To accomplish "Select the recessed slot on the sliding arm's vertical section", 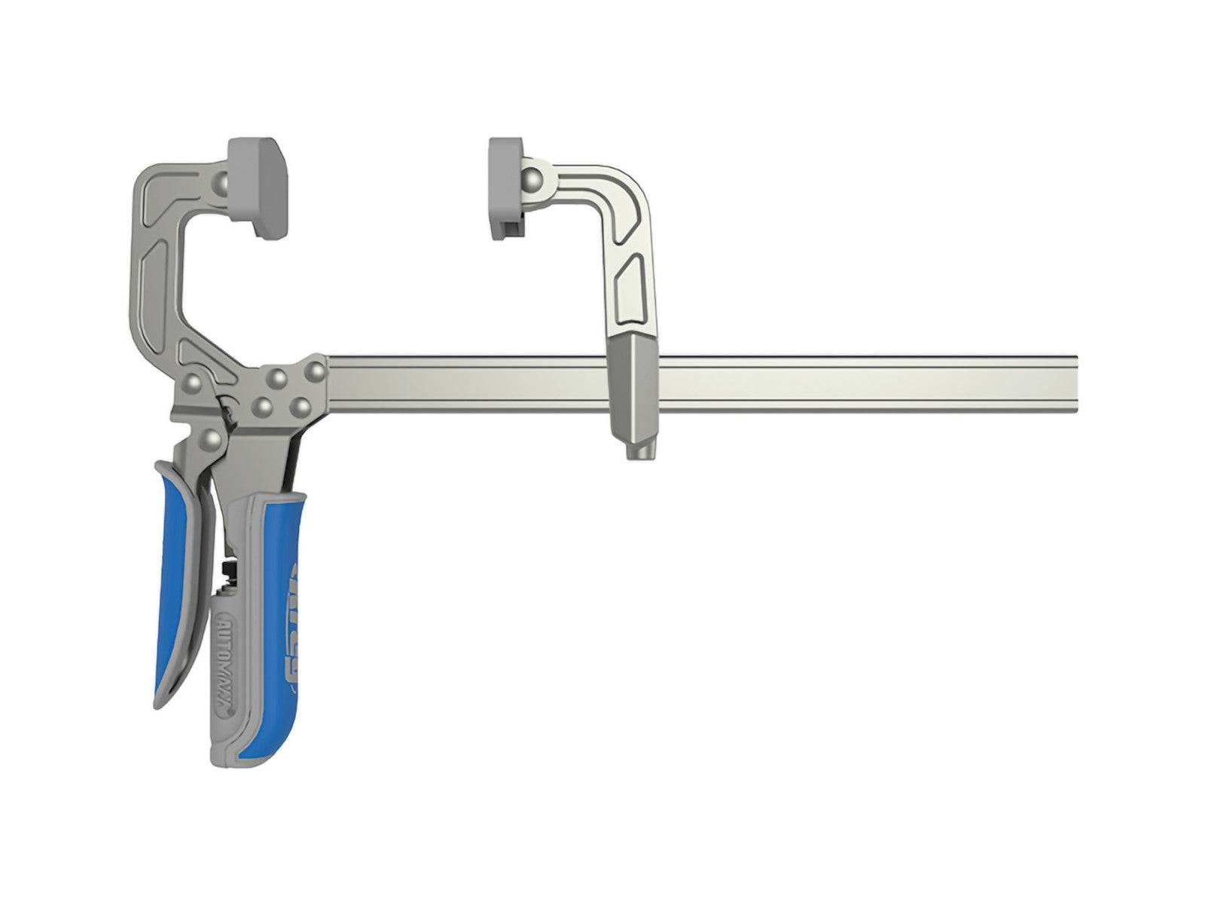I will (x=628, y=286).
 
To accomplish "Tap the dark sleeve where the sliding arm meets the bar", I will (x=633, y=392).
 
